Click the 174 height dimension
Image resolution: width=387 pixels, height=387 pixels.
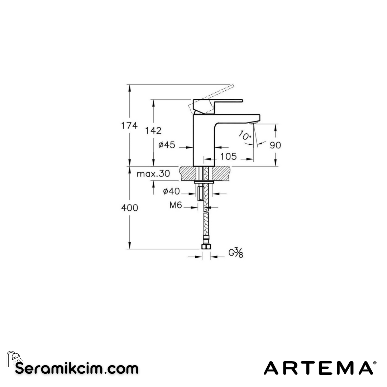[x=129, y=126]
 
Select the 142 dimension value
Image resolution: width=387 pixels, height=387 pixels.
[x=153, y=131]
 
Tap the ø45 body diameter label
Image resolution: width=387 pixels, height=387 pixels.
[x=167, y=145]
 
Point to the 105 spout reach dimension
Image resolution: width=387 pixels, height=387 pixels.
[x=228, y=156]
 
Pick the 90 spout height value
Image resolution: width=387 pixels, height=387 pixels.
[x=275, y=145]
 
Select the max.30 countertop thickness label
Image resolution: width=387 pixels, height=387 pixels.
[x=153, y=174]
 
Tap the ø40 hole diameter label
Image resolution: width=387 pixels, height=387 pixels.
[x=171, y=191]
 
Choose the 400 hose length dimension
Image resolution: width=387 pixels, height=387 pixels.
[x=129, y=208]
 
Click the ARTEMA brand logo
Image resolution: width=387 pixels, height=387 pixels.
[x=318, y=368]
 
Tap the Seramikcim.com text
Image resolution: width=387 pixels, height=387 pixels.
[x=77, y=368]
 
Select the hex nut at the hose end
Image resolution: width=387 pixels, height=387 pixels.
[x=206, y=247]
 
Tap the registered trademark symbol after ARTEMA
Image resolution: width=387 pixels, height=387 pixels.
[x=375, y=363]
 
